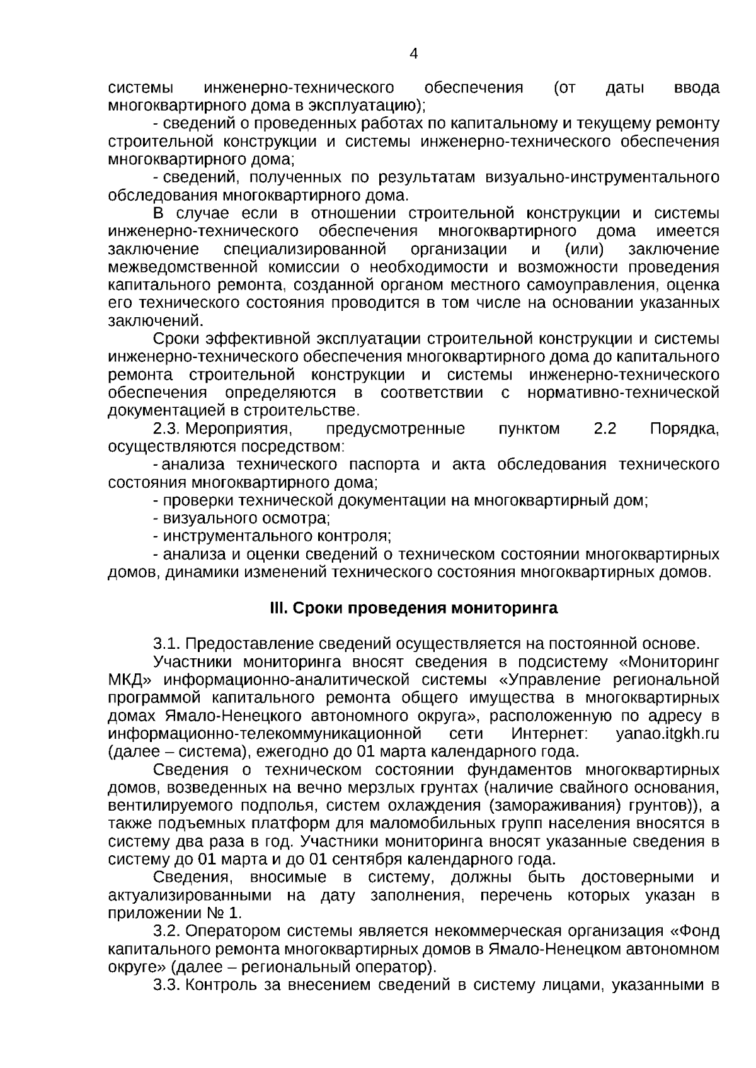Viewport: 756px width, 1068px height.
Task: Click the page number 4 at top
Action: pos(413,54)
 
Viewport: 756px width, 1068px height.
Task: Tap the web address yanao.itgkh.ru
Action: pos(667,734)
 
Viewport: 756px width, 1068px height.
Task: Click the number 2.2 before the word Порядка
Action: pos(605,429)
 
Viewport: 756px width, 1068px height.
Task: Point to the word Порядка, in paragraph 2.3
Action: pos(684,429)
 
